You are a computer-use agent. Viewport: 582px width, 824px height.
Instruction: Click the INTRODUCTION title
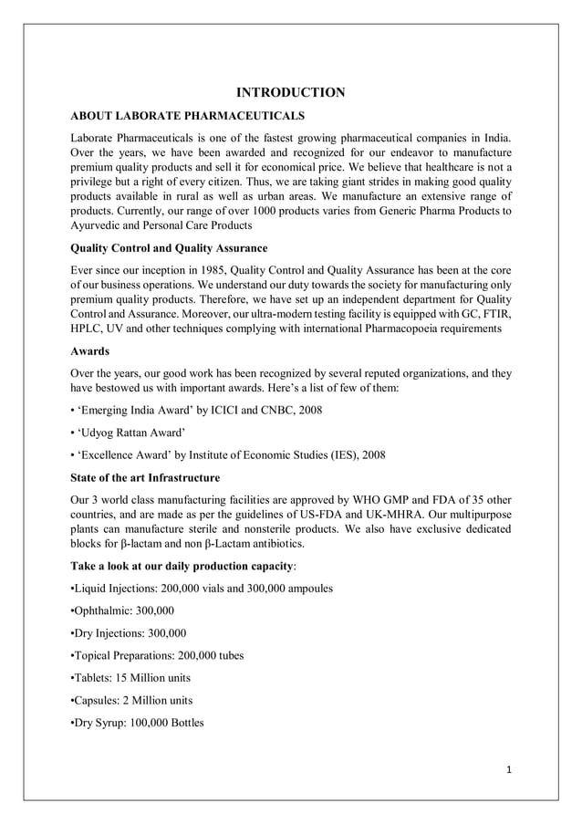(x=291, y=92)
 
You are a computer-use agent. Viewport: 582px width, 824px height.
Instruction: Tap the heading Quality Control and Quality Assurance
(x=169, y=247)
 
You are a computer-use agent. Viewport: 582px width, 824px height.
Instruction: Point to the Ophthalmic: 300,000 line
(x=122, y=610)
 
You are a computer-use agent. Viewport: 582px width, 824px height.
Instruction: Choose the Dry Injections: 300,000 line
(x=129, y=633)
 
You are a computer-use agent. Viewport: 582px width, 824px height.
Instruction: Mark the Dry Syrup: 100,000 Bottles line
(x=137, y=723)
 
